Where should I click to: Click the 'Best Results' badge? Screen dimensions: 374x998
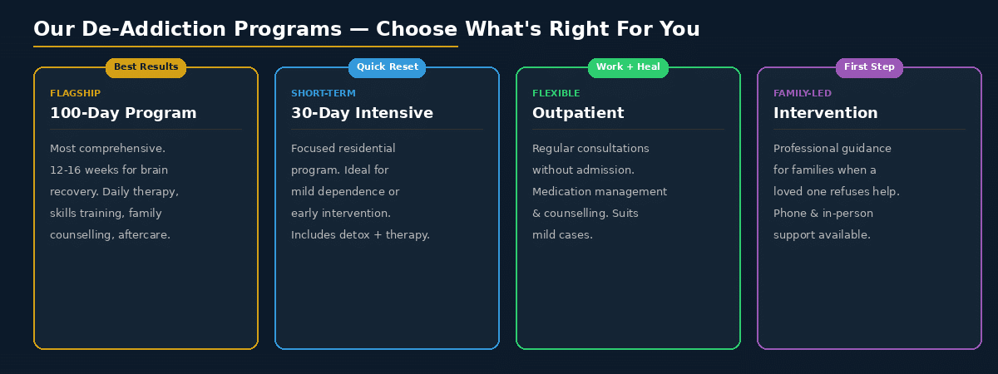pyautogui.click(x=146, y=67)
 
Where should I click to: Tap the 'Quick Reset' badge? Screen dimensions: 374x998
pyautogui.click(x=387, y=67)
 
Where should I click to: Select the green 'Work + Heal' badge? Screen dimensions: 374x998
pyautogui.click(x=628, y=67)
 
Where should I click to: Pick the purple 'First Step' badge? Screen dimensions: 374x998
pyautogui.click(x=869, y=67)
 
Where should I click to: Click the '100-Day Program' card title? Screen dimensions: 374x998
pyautogui.click(x=123, y=113)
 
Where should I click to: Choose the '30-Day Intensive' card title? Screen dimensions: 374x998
pyautogui.click(x=362, y=113)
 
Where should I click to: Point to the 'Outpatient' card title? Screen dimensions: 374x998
pyautogui.click(x=578, y=113)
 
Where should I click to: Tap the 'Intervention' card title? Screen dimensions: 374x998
pyautogui.click(x=825, y=113)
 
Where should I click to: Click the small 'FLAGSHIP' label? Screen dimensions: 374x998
pyautogui.click(x=75, y=93)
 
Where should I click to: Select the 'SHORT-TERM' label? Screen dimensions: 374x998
pyautogui.click(x=324, y=93)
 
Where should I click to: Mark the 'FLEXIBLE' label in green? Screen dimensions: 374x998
pyautogui.click(x=556, y=93)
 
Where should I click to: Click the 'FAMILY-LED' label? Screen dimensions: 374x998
pyautogui.click(x=803, y=93)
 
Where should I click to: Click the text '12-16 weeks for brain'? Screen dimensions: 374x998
pyautogui.click(x=109, y=170)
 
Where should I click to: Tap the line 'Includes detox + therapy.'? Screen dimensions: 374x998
pyautogui.click(x=360, y=235)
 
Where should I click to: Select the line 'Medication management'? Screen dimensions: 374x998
pyautogui.click(x=600, y=192)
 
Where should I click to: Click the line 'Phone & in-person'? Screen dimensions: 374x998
pyautogui.click(x=823, y=214)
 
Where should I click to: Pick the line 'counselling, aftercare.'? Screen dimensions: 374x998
pyautogui.click(x=110, y=235)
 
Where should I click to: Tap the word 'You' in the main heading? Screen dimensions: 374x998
pyautogui.click(x=679, y=30)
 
